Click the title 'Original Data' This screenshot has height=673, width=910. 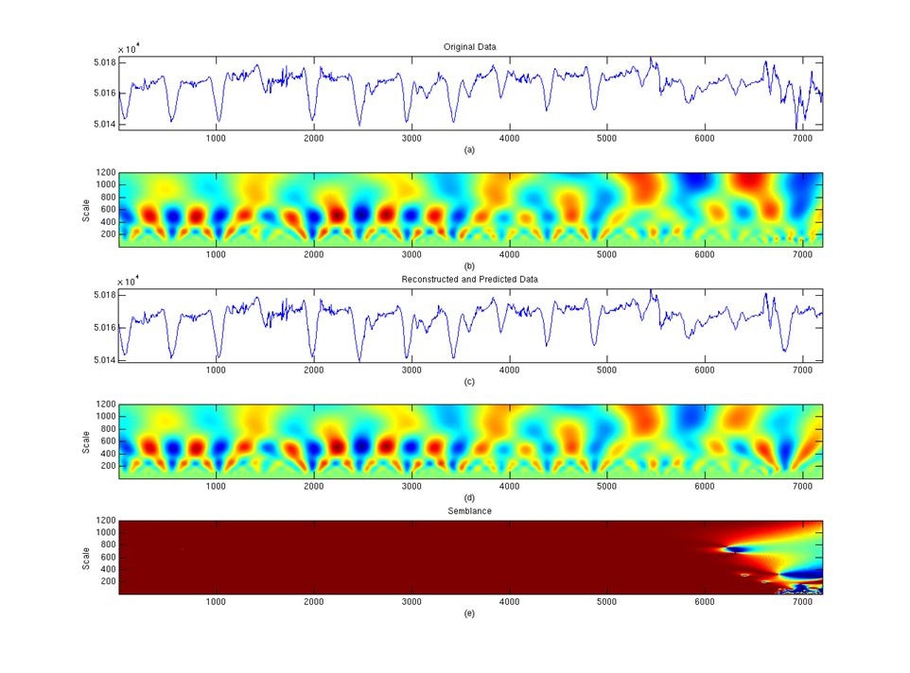(470, 46)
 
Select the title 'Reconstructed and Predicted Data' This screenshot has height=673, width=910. (470, 279)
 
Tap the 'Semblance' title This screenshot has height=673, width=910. (470, 511)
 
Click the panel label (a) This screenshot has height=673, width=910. (470, 149)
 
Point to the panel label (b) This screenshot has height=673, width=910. (470, 265)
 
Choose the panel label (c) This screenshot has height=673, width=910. (470, 382)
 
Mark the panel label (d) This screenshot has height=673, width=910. (470, 497)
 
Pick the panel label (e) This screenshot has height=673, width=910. (470, 613)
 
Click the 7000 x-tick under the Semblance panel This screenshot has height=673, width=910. (802, 602)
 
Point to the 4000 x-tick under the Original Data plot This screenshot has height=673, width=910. (509, 138)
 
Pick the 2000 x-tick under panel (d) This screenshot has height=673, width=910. (313, 486)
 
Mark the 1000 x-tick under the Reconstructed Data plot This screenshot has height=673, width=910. (216, 370)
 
